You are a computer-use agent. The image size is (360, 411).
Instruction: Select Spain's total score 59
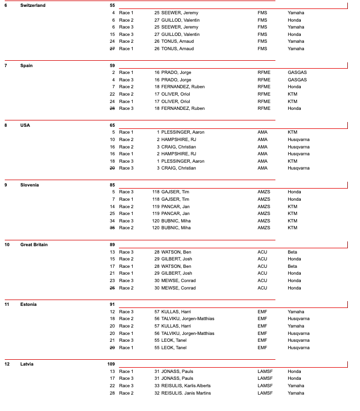(112, 66)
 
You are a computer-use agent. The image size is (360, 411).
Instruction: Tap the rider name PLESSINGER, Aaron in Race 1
(178, 132)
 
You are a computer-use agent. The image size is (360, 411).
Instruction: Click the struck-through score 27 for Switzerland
(112, 49)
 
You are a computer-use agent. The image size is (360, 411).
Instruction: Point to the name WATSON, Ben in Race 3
(176, 252)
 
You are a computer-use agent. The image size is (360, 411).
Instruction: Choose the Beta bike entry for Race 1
(292, 266)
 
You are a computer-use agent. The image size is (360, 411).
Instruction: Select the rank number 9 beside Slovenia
(6, 185)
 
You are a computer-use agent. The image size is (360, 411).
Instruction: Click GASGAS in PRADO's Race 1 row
(297, 72)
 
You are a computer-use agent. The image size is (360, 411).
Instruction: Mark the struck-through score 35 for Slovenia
(112, 228)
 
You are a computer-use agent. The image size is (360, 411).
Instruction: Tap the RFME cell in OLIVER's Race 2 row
(264, 94)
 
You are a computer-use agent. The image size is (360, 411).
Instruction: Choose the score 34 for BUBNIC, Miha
(112, 221)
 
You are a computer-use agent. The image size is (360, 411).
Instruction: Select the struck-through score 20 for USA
(112, 168)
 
